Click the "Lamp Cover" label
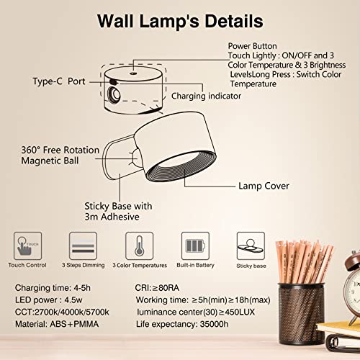coord(264,186)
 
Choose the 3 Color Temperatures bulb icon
coord(139,247)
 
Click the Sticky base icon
coord(250,244)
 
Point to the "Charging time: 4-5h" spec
coord(55,289)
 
